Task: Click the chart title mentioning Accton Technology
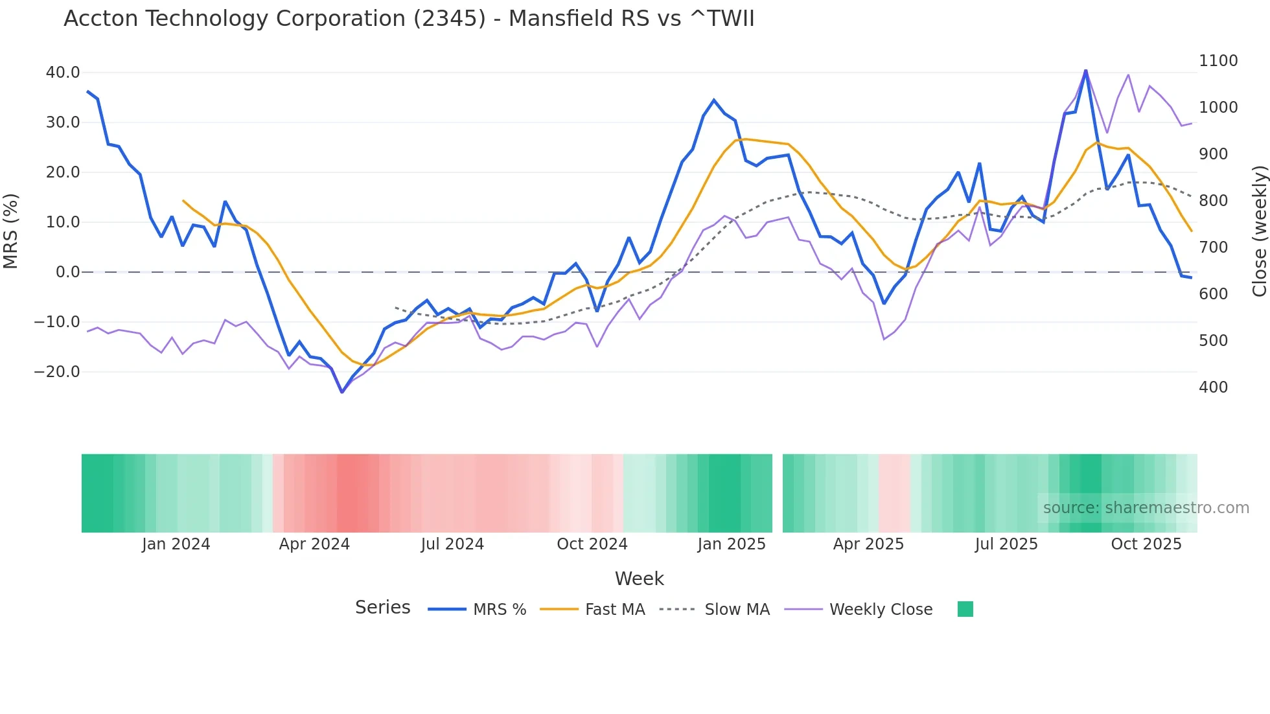409,19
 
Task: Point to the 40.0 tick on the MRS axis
63,73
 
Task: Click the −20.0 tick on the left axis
57,372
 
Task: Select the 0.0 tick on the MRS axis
67,272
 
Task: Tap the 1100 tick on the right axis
1218,61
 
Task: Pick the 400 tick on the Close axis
1213,387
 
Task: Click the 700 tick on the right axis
1213,248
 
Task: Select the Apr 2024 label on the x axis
314,544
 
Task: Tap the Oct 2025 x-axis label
1146,544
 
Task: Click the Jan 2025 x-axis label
732,544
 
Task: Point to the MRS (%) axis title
11,231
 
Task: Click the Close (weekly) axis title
1259,231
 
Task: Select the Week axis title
639,579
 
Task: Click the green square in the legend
965,609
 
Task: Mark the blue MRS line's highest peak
1085,71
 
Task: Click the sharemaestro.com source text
1146,508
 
